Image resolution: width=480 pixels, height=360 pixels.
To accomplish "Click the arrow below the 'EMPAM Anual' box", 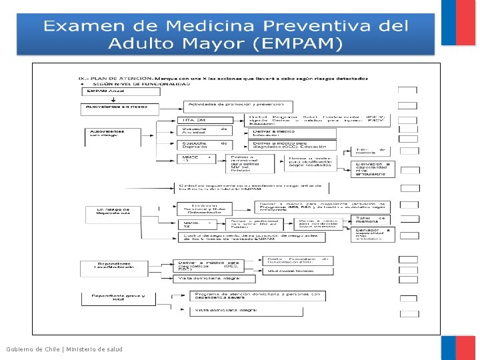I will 113,99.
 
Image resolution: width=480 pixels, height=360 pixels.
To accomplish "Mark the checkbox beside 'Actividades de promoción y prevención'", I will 407,105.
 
